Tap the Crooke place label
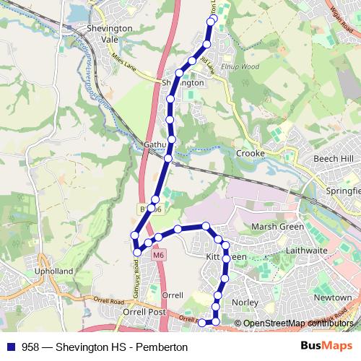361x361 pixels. [x=251, y=153]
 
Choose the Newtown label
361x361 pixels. [x=333, y=297]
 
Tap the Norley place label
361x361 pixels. [x=240, y=302]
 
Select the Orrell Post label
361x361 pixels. [x=145, y=313]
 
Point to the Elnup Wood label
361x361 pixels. [x=240, y=66]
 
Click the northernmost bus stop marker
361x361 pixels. [x=212, y=21]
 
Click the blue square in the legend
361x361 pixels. [x=10, y=347]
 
